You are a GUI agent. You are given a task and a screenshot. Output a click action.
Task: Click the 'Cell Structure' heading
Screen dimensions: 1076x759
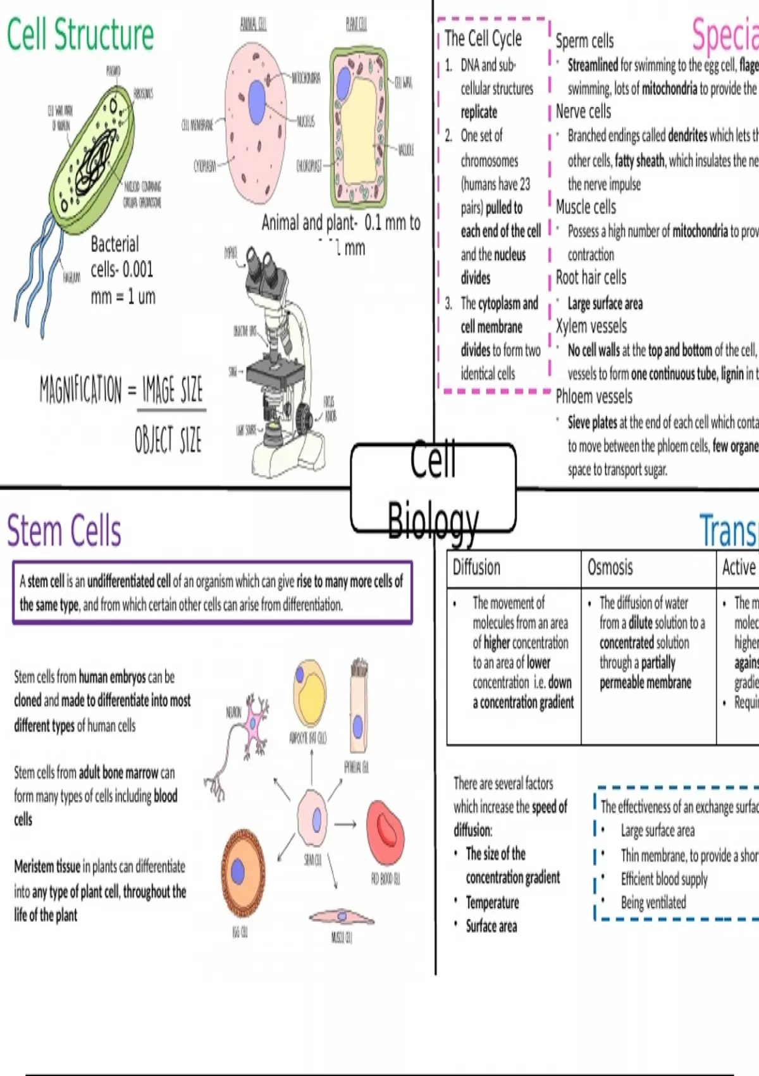tap(80, 35)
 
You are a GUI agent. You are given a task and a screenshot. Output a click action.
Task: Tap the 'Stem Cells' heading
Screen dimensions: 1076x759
tap(64, 530)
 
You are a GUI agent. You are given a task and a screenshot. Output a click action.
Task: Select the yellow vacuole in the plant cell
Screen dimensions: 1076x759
tap(359, 123)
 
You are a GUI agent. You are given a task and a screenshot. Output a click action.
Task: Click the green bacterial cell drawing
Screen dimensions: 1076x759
tap(95, 152)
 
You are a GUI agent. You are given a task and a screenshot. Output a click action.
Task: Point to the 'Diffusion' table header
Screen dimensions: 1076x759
tap(476, 567)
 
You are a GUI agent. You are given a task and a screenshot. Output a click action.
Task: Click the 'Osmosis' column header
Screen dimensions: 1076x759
tap(610, 567)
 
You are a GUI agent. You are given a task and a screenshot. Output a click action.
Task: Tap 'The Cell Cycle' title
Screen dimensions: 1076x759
tap(483, 39)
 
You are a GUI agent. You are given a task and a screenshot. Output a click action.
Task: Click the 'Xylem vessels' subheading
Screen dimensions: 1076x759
tap(591, 327)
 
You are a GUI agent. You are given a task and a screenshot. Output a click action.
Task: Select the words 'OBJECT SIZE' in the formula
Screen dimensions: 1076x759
tap(168, 439)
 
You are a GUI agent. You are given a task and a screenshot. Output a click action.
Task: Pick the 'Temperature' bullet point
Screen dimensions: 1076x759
tap(492, 903)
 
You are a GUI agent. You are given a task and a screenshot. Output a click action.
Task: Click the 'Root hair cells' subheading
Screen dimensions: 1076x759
tap(591, 278)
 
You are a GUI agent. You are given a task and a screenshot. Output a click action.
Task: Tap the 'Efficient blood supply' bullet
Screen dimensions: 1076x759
tap(663, 879)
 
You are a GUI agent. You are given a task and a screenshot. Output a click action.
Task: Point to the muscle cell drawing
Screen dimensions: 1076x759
tap(342, 916)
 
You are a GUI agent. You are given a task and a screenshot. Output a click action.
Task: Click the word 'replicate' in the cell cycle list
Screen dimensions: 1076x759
tap(479, 112)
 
